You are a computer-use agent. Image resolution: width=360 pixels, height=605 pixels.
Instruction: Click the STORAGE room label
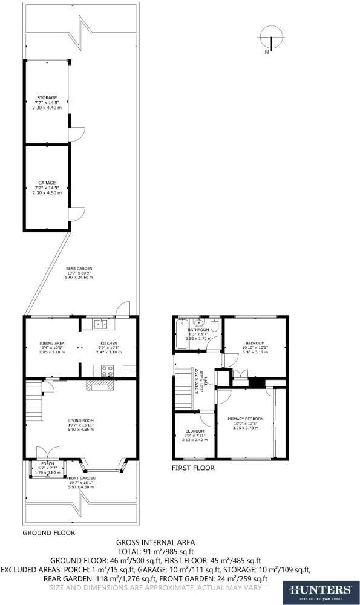tap(47, 97)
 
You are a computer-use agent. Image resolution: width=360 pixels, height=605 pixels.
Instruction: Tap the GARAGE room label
tap(47, 182)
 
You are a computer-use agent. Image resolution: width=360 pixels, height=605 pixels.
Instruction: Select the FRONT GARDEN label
tap(80, 478)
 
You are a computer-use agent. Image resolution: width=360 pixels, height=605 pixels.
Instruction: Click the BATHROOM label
tap(198, 330)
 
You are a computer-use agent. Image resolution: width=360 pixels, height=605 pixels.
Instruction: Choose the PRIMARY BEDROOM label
tap(245, 419)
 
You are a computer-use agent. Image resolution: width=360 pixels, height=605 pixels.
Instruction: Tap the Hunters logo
tap(321, 590)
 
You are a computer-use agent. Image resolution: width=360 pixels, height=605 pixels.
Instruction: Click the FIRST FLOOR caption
tap(192, 467)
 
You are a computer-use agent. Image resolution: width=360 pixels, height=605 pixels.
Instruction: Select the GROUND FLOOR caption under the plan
tap(48, 533)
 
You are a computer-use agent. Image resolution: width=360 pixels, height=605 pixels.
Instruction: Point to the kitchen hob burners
tap(108, 370)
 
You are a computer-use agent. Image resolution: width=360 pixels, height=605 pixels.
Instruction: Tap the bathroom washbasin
tap(198, 323)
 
